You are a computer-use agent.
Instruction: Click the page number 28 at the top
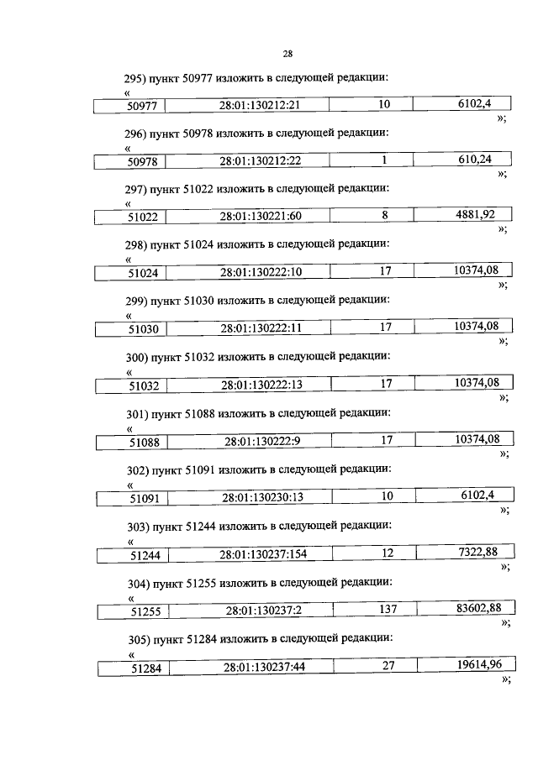click(x=287, y=54)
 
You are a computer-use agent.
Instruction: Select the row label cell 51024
click(x=145, y=273)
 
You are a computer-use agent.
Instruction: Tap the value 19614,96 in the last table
click(x=476, y=665)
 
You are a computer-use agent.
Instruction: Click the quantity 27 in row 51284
click(x=388, y=665)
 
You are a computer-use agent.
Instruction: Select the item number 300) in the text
click(x=136, y=357)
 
